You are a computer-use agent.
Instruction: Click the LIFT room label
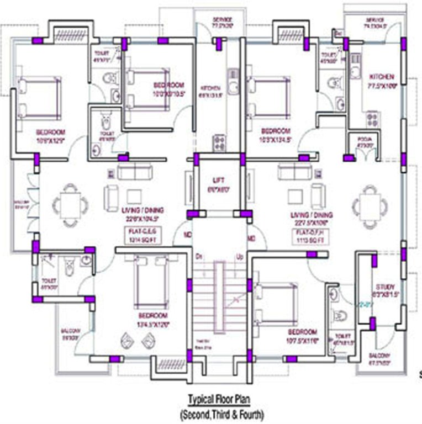tap(218, 181)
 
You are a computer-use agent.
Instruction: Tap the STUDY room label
tap(384, 287)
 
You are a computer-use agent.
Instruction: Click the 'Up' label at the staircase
tap(240, 257)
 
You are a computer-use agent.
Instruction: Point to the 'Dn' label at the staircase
tap(199, 257)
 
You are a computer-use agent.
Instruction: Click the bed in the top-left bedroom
tap(39, 97)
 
